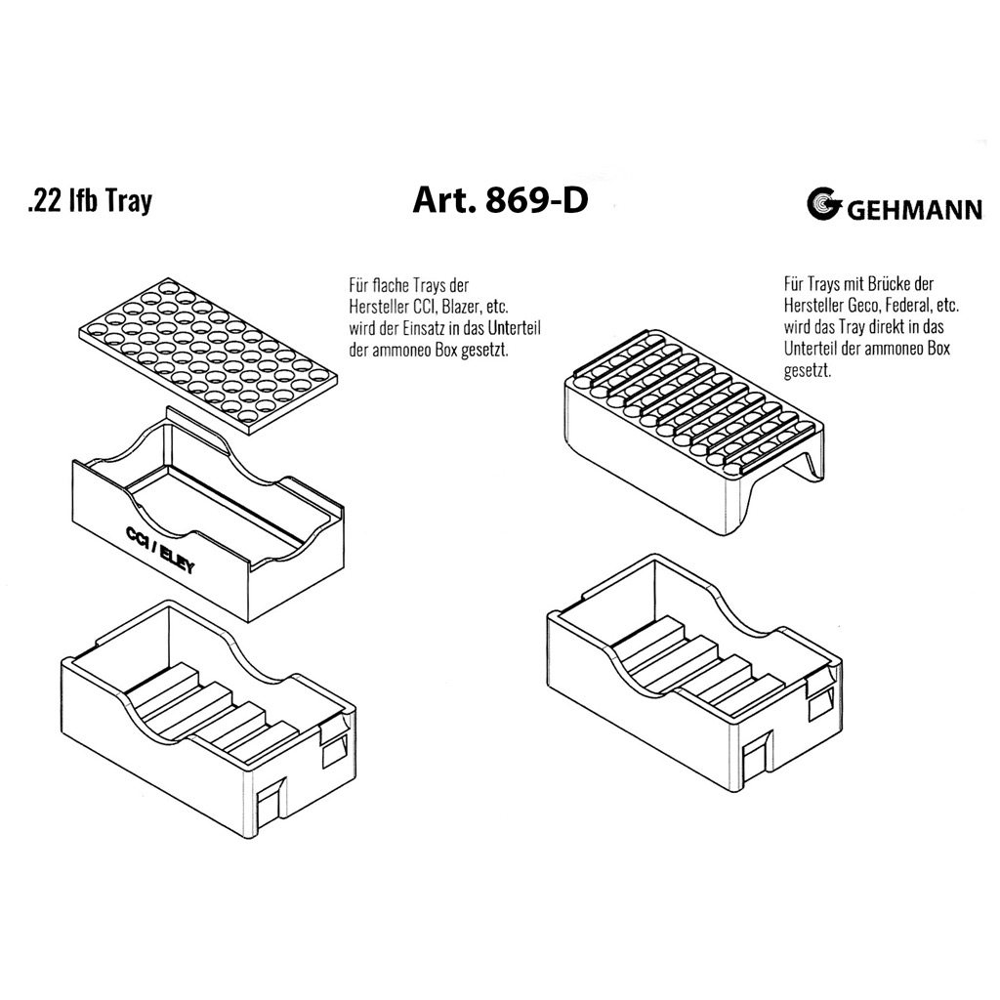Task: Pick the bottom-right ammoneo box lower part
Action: pyautogui.click(x=693, y=684)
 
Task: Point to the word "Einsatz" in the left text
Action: pyautogui.click(x=411, y=327)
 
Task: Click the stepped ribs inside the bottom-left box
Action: pyautogui.click(x=210, y=708)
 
